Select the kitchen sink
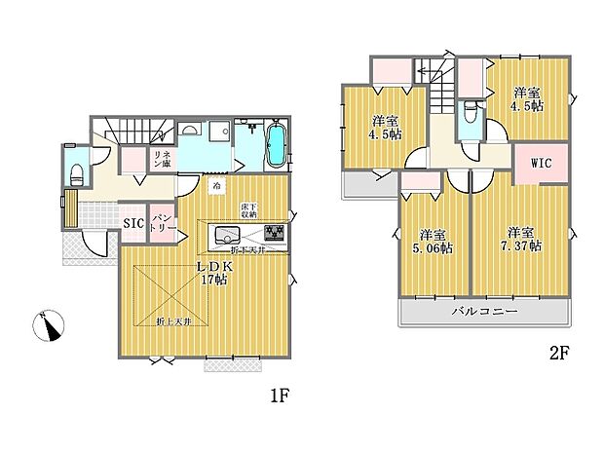[226, 235]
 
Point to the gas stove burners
[274, 235]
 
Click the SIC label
[133, 223]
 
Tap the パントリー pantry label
[161, 221]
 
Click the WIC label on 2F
[542, 164]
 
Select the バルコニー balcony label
[484, 312]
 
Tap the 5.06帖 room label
[433, 242]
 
